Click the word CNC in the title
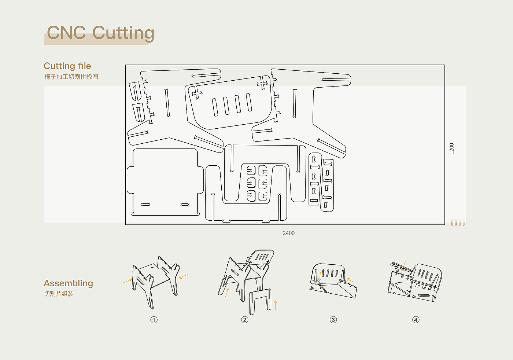click(66, 32)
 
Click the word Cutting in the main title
click(123, 33)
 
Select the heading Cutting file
click(67, 66)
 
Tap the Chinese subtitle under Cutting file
click(71, 77)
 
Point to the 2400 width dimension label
click(289, 233)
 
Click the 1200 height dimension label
click(451, 148)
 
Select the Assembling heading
click(68, 283)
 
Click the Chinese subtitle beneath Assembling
click(59, 294)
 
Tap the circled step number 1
click(154, 320)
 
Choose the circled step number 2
click(245, 320)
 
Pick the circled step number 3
click(333, 320)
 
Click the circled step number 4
click(416, 320)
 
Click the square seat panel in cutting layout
click(165, 182)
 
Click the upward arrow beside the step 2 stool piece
click(276, 305)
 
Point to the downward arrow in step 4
click(404, 266)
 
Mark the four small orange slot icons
click(458, 223)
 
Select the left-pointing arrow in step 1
click(184, 276)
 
